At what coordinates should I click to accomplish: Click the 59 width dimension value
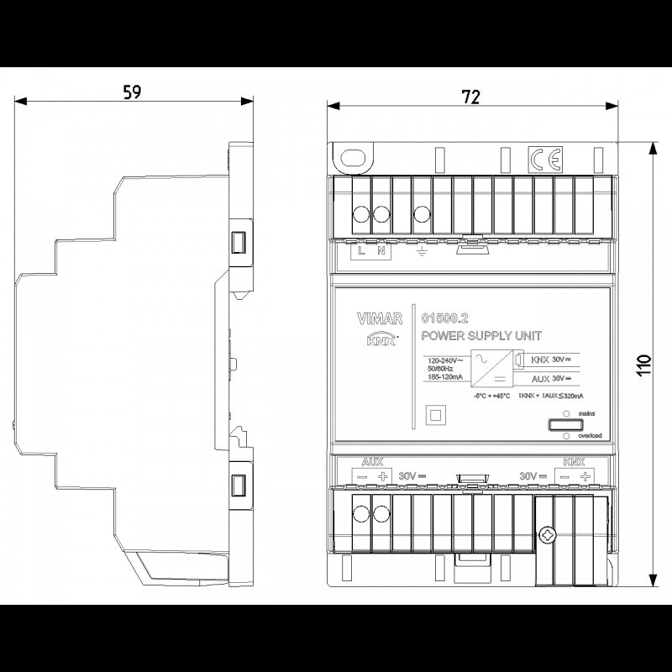(131, 92)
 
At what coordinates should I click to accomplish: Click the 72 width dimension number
(471, 97)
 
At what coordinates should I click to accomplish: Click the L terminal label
(361, 250)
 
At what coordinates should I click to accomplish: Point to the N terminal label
(381, 250)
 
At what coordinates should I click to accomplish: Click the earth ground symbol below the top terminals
(423, 250)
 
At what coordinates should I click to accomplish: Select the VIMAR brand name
(379, 318)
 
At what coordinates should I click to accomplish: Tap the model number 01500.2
(444, 318)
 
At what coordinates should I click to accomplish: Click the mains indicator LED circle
(567, 414)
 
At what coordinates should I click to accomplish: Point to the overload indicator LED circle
(567, 437)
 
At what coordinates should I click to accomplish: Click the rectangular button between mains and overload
(567, 425)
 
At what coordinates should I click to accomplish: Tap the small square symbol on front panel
(435, 413)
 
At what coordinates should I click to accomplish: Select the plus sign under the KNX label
(585, 476)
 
